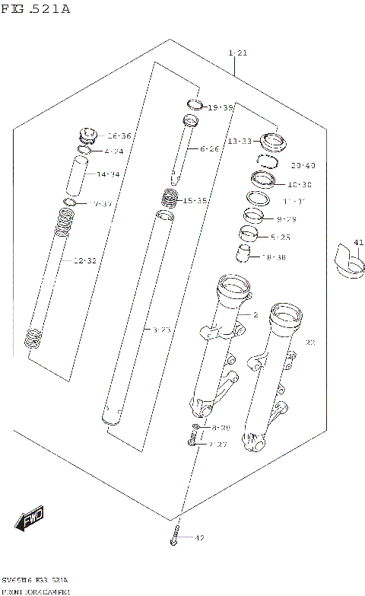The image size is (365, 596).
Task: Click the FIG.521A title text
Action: pos(36,9)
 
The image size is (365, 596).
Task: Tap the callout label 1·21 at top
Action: pos(237,53)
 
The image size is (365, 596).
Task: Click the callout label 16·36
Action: pos(119,135)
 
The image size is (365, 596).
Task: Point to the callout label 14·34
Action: pos(109,174)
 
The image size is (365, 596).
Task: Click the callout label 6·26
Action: pos(208,148)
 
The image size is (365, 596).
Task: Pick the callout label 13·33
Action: pos(240,142)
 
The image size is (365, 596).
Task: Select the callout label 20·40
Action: pos(302,165)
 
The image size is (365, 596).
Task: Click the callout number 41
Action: pos(359,243)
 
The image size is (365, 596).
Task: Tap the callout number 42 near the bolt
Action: pos(200,539)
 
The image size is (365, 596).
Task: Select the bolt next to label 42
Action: pos(174,537)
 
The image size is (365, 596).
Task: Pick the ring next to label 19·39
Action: pos(194,105)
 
